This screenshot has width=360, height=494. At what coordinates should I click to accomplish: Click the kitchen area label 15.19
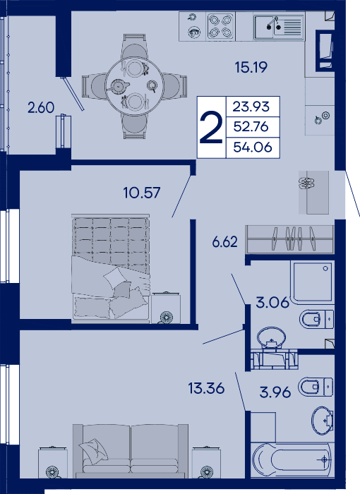[x=251, y=67]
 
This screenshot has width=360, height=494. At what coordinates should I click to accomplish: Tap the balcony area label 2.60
[x=41, y=108]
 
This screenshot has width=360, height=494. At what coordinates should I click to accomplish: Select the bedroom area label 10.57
[x=142, y=193]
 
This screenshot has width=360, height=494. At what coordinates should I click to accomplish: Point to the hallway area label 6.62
[x=224, y=242]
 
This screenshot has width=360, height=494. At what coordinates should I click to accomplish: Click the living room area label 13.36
[x=206, y=388]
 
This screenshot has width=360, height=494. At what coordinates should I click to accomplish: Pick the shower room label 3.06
[x=272, y=303]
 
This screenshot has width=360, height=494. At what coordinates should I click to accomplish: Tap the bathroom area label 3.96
[x=275, y=392]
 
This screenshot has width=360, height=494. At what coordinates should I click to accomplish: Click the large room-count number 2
[x=211, y=128]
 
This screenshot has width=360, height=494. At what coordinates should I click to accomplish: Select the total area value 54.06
[x=253, y=147]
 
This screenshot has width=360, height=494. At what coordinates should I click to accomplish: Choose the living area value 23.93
[x=251, y=107]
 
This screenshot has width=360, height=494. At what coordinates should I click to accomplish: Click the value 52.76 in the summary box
[x=251, y=126]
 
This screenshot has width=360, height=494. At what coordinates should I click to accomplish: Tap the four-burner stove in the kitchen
[x=221, y=26]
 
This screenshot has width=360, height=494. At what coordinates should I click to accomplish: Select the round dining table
[x=135, y=86]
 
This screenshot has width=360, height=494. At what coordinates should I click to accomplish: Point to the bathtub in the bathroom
[x=292, y=459]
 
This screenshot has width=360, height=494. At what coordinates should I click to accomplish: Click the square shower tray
[x=313, y=282]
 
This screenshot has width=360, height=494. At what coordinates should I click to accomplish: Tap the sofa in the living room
[x=131, y=451]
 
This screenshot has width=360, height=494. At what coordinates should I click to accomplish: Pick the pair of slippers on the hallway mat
[x=306, y=182]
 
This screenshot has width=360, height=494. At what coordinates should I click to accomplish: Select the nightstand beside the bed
[x=166, y=308]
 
